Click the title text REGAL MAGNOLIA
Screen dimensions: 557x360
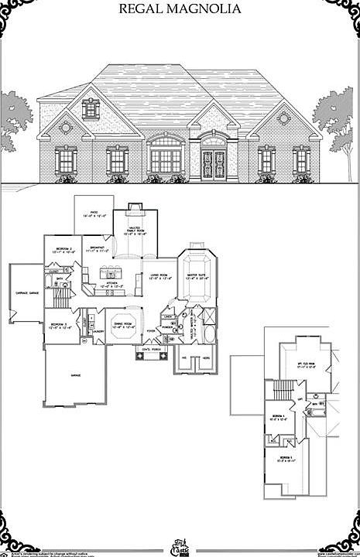coord(180,10)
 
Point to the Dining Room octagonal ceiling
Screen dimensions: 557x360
coord(124,325)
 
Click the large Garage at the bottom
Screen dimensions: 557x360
coord(76,374)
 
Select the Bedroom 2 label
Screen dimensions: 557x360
coord(63,249)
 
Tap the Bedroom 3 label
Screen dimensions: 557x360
coord(60,325)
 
